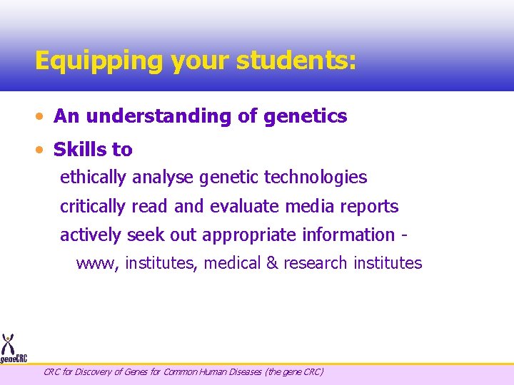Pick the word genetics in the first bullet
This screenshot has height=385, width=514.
tap(306, 116)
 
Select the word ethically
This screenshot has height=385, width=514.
tap(92, 178)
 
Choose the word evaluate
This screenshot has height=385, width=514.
tap(245, 207)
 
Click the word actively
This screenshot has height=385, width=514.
tap(91, 235)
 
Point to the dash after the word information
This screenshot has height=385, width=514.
tap(405, 235)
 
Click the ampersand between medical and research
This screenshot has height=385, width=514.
tap(271, 263)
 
